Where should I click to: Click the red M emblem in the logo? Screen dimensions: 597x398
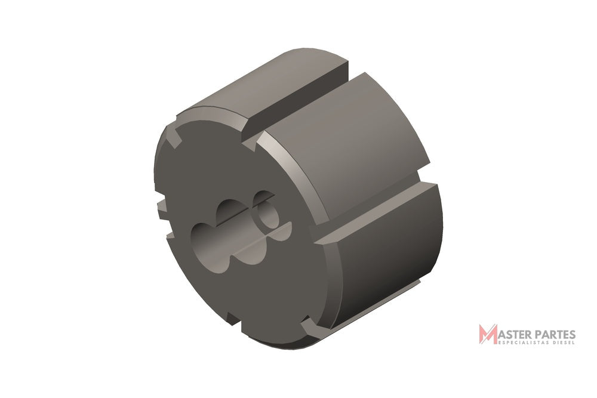coord(488,334)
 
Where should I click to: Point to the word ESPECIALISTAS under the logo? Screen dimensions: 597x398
coord(521,343)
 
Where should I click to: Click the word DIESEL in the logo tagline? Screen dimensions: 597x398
coord(562,343)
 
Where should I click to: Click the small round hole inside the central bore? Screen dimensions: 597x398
coord(269,215)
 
